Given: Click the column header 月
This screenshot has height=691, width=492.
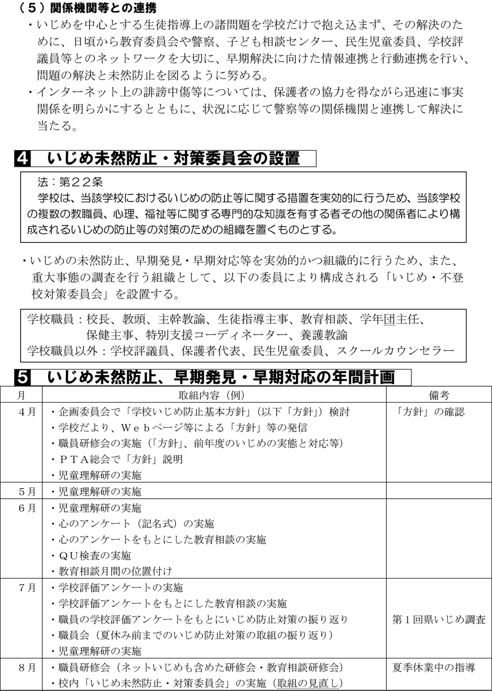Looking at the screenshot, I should [22, 395].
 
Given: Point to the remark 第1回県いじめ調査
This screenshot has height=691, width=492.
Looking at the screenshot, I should [438, 619].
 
